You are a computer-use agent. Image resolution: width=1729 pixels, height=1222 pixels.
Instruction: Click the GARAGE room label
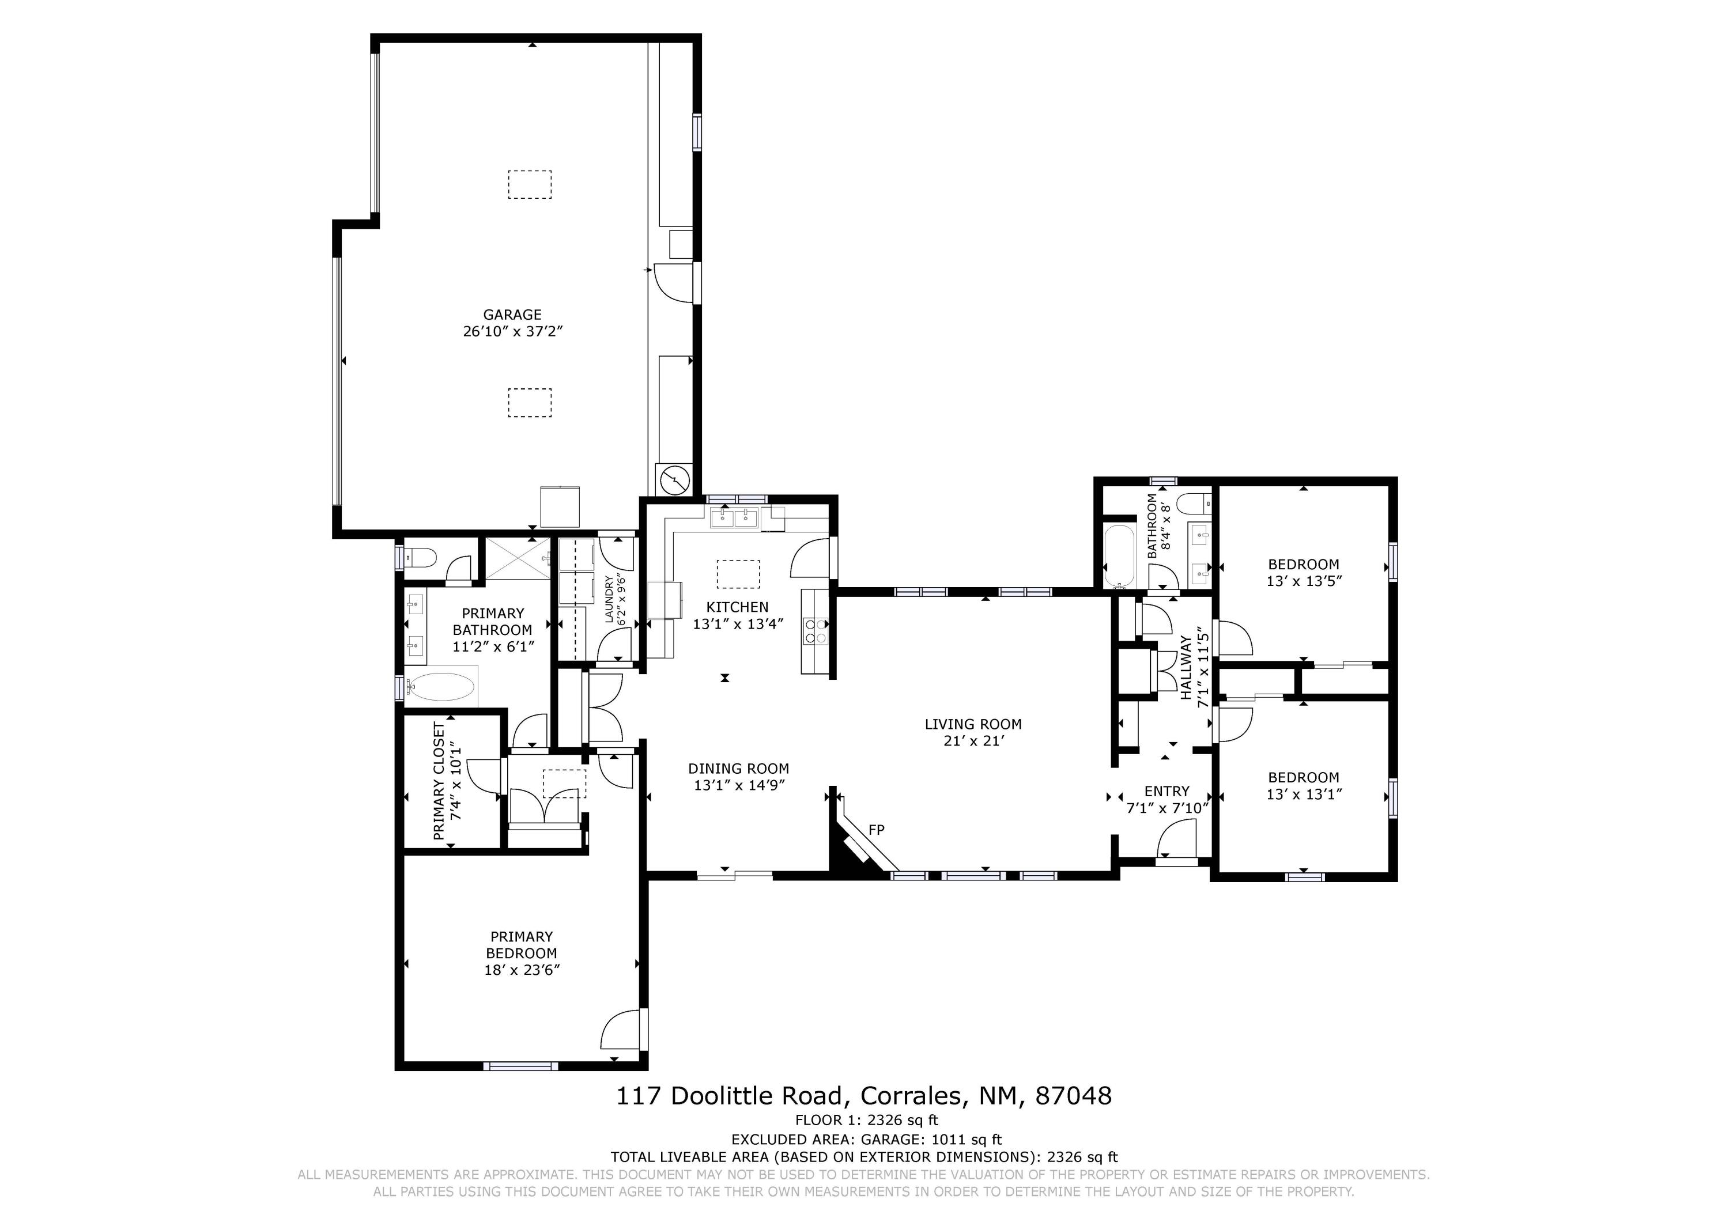(512, 315)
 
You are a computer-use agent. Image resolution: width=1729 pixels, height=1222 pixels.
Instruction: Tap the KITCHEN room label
(737, 607)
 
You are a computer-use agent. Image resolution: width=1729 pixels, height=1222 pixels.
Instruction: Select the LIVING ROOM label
(973, 724)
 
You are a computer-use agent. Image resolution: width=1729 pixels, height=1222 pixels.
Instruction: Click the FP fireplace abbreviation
(877, 830)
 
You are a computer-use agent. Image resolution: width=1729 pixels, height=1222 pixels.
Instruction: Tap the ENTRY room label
(1166, 791)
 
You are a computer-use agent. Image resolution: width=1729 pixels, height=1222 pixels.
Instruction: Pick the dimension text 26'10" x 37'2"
(513, 331)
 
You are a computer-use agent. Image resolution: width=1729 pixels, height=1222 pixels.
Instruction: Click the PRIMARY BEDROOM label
(521, 945)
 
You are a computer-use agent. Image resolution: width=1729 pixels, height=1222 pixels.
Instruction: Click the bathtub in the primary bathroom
(441, 687)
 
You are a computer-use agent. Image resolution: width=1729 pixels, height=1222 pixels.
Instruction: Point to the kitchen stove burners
(816, 630)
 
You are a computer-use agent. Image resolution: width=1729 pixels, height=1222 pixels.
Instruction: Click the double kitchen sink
(734, 517)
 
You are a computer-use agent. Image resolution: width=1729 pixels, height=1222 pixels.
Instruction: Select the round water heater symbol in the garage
(675, 479)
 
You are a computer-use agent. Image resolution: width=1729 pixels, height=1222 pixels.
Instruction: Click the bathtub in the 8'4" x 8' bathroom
(1119, 557)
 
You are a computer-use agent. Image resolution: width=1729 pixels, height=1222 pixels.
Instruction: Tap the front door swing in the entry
(1175, 839)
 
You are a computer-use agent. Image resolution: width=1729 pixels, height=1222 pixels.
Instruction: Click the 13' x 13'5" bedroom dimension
(1304, 581)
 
